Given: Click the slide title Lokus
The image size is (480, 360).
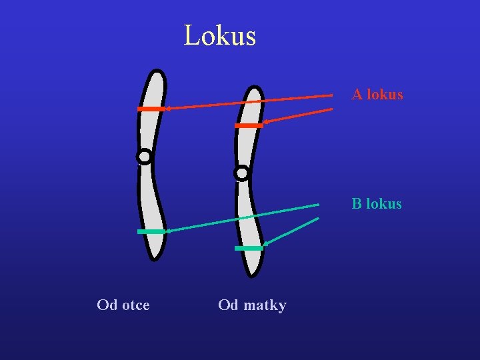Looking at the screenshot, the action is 219,35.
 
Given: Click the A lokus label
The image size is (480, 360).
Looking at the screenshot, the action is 377,95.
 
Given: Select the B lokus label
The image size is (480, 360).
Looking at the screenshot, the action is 377,204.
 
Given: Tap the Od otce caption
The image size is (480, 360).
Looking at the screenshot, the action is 123,305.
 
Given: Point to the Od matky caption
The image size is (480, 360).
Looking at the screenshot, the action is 252,305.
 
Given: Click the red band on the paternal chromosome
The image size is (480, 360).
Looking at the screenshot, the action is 151,109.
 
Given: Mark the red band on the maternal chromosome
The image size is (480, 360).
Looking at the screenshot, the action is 249,125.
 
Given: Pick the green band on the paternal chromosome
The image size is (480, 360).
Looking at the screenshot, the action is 151,231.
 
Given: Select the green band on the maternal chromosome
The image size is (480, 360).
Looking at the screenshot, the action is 249,248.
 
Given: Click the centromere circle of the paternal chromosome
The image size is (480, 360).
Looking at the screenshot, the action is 144,157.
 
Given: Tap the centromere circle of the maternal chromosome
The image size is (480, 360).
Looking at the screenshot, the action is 241,173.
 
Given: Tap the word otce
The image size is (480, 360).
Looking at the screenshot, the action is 136,305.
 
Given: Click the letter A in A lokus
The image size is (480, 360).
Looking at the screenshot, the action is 357,95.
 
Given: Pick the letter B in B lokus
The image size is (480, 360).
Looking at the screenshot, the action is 357,204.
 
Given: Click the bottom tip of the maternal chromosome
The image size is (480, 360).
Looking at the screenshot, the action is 253,273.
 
